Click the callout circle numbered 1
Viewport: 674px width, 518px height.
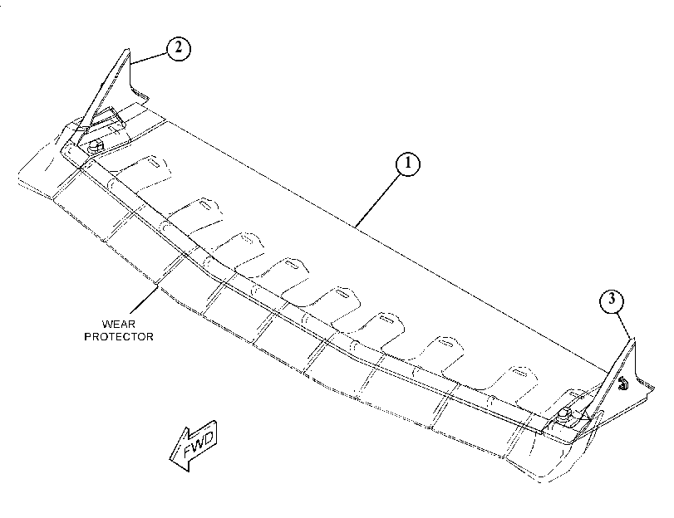(x=407, y=164)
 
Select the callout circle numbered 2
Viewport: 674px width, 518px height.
(x=178, y=48)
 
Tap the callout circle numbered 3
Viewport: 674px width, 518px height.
(x=612, y=301)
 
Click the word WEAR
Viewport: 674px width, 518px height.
(x=118, y=324)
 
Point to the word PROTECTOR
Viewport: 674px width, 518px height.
(x=119, y=336)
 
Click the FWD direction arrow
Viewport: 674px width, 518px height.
(x=194, y=446)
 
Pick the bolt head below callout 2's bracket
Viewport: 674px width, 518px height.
(x=96, y=146)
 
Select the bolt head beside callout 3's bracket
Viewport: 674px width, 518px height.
(x=565, y=416)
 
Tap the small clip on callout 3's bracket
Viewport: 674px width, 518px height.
(x=622, y=384)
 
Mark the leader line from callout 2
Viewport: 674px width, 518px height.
(x=149, y=58)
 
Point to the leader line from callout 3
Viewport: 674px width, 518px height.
(x=623, y=325)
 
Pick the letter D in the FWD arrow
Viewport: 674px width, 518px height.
(x=208, y=438)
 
